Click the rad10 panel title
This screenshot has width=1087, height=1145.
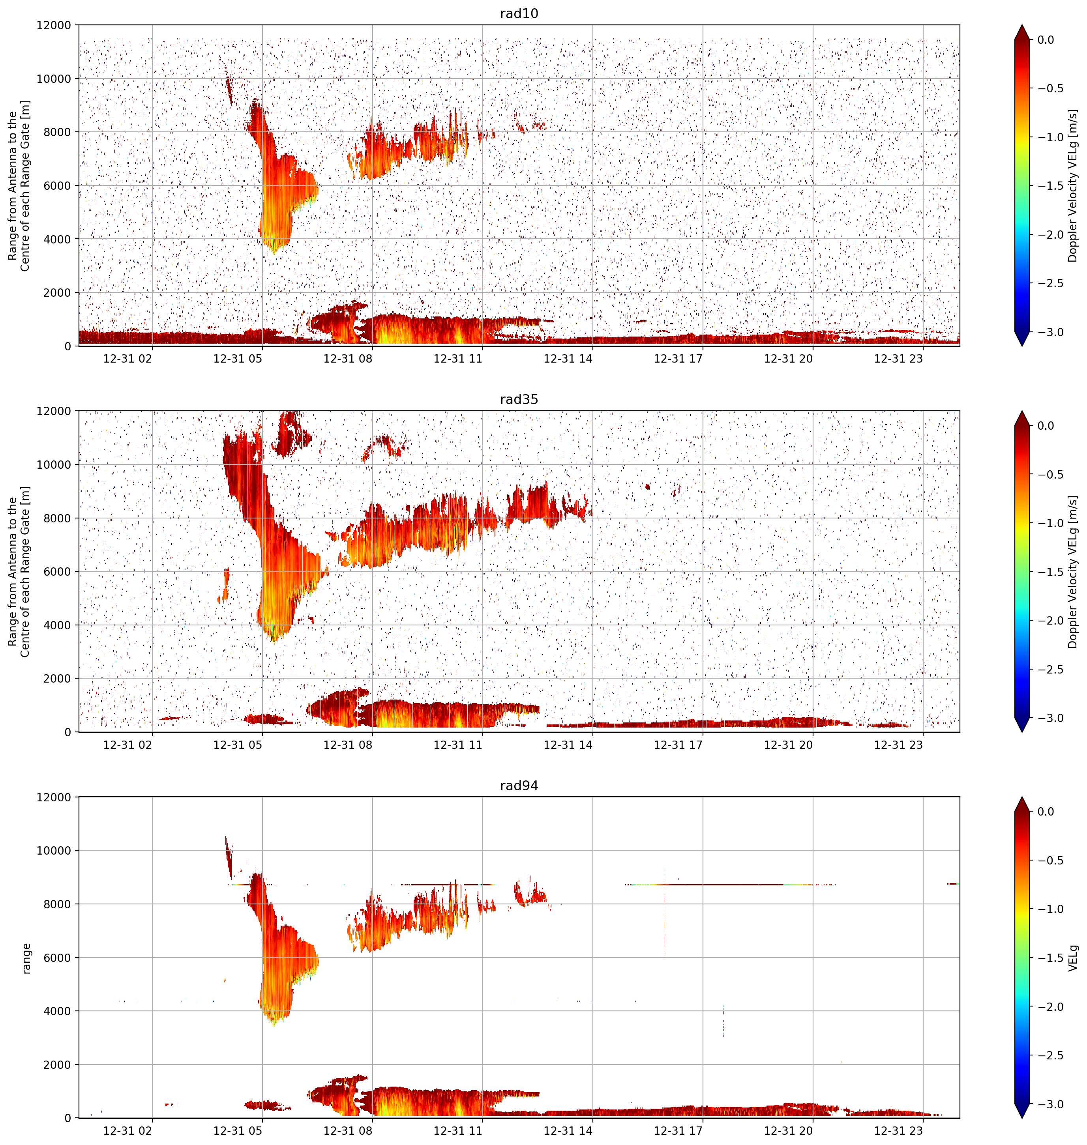click(519, 13)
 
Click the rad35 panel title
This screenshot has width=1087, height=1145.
click(519, 400)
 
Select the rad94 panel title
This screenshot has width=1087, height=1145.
click(519, 786)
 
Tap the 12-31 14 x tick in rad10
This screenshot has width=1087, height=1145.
click(568, 359)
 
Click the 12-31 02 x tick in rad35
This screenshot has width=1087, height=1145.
click(127, 745)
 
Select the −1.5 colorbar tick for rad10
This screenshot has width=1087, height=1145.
click(1050, 186)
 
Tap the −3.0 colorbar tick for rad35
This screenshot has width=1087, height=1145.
click(1050, 718)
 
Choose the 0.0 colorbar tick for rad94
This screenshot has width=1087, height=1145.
click(1046, 812)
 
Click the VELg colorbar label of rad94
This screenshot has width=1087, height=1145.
click(1073, 958)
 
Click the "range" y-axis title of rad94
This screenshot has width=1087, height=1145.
click(26, 958)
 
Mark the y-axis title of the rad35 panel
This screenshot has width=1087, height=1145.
click(19, 572)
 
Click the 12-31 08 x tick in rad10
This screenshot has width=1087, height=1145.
click(348, 359)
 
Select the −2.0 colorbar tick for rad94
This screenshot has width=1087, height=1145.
click(1050, 1007)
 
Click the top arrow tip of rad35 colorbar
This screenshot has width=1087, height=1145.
click(1023, 411)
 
